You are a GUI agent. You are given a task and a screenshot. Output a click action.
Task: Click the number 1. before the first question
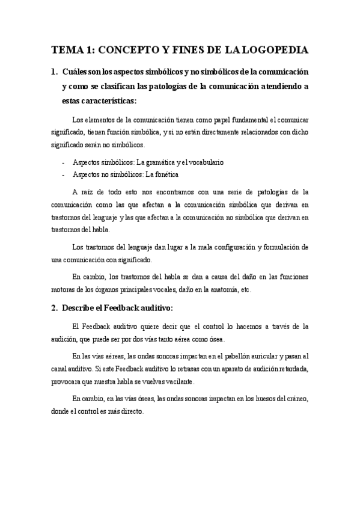55,72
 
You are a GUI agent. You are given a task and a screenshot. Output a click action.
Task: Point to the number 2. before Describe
55,309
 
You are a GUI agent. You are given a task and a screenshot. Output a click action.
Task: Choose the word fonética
166,175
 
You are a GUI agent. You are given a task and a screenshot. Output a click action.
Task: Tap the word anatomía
223,290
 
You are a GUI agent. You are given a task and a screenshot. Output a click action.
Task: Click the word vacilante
192,382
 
